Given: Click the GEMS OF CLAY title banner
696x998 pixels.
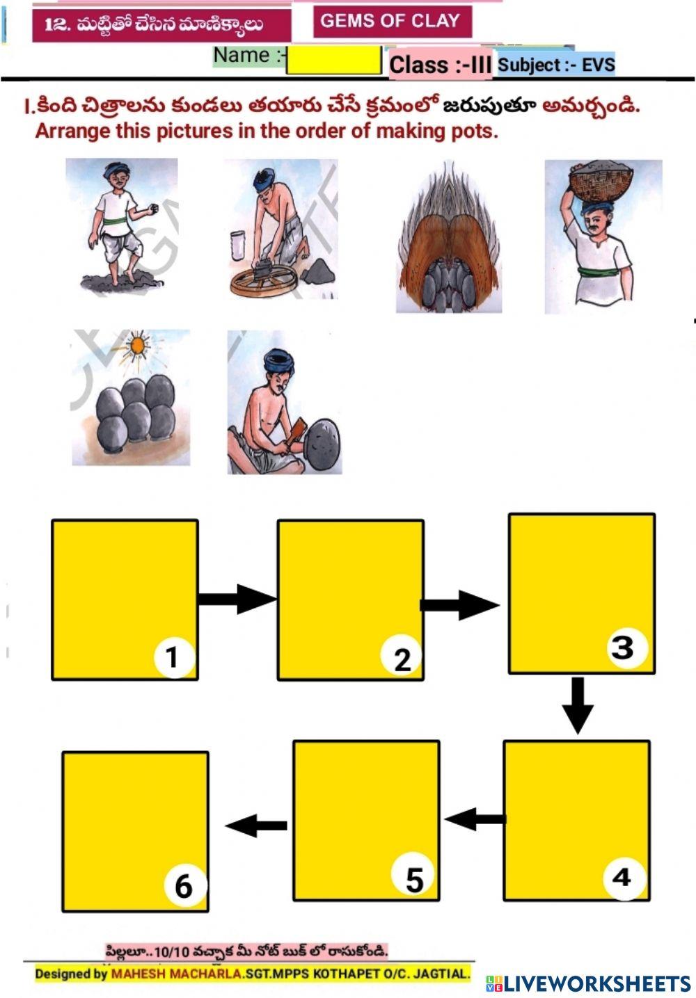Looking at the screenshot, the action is pos(393,21).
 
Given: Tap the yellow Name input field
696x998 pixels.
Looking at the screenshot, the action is pos(333,60).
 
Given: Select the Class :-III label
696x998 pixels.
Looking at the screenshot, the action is pos(441,65).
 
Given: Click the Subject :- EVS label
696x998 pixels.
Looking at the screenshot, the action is pos(556,65).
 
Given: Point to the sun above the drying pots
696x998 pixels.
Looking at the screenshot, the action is pos(139,344).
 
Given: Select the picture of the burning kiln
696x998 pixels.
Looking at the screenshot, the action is pos(449,236).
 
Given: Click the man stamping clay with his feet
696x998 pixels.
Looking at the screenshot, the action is pos(120,225).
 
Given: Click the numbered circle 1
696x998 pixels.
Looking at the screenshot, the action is pos(174,657).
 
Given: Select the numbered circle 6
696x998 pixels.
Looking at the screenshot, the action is pos(184,887).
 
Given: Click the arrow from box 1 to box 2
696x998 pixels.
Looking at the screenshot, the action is pos(237,599).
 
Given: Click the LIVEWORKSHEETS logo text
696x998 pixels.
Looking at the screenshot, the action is pos(592,983).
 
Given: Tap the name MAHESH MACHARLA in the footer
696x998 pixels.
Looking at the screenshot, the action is pos(175,974).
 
